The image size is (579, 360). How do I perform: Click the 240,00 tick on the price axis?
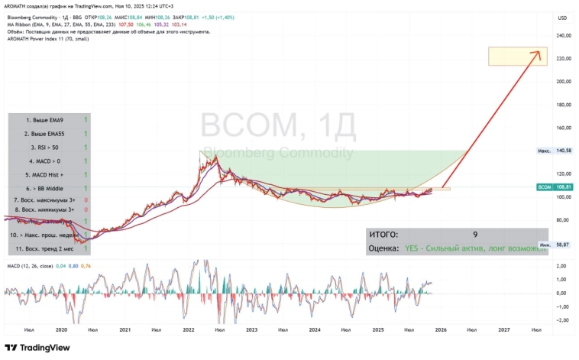pos(564,35)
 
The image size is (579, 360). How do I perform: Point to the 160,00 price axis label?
pos(564,128)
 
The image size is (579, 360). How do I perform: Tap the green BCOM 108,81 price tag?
pos(554,186)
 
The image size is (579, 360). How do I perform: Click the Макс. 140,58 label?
pos(555,151)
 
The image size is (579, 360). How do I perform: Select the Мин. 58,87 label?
pos(555,245)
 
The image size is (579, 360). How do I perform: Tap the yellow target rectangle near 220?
pos(517,56)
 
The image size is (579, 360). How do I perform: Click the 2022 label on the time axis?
pos(188,329)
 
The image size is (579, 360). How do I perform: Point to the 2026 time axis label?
pos(441,329)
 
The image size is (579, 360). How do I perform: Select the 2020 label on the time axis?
pos(62,329)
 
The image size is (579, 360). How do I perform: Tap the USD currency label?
pos(563,18)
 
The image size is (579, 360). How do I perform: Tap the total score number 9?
pos(475,235)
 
